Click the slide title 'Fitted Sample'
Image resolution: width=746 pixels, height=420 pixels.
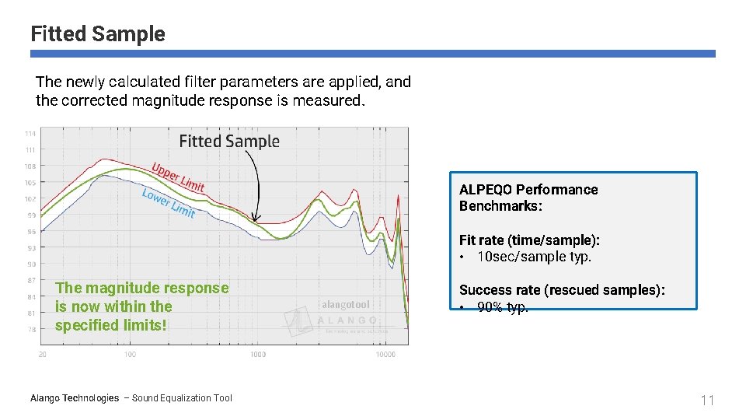pos(98,34)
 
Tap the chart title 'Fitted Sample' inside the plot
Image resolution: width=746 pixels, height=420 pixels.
pos(229,141)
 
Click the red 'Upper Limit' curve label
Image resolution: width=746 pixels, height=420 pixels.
pos(178,177)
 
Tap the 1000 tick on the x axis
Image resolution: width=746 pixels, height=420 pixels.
pos(258,355)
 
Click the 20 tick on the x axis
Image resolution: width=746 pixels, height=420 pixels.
pos(42,355)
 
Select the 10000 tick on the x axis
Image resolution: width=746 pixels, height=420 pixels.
pos(385,355)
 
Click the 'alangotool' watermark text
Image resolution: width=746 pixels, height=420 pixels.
pos(347,305)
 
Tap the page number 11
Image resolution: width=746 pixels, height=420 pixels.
pos(706,401)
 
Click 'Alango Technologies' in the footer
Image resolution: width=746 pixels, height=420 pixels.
pos(75,398)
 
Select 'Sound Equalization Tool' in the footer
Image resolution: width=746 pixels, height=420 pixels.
pos(182,398)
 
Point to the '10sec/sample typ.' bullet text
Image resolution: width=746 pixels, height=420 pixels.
pos(534,257)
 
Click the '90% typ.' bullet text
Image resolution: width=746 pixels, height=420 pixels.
pos(503,307)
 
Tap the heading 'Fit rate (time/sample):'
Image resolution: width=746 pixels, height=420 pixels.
pos(529,240)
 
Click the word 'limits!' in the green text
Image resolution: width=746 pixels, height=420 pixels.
pos(143,325)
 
